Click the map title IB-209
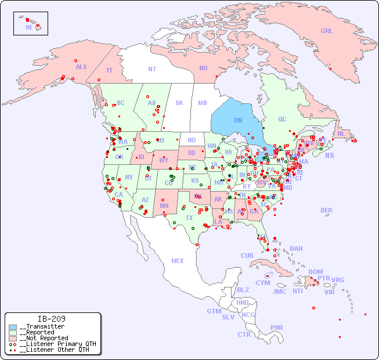(51, 319)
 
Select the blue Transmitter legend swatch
(13, 326)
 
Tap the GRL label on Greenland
(327, 31)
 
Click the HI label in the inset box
(28, 27)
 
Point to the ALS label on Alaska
(81, 67)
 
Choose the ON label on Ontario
(238, 120)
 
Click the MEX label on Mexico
(178, 261)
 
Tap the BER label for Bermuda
(327, 210)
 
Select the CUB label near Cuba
(247, 255)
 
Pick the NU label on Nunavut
(203, 68)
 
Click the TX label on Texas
(189, 218)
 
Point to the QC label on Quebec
(282, 119)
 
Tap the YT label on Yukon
(109, 70)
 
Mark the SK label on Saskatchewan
(179, 103)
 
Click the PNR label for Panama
(277, 327)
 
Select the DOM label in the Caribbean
(315, 272)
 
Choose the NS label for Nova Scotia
(329, 155)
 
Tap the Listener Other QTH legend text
(55, 350)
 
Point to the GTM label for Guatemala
(214, 311)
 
